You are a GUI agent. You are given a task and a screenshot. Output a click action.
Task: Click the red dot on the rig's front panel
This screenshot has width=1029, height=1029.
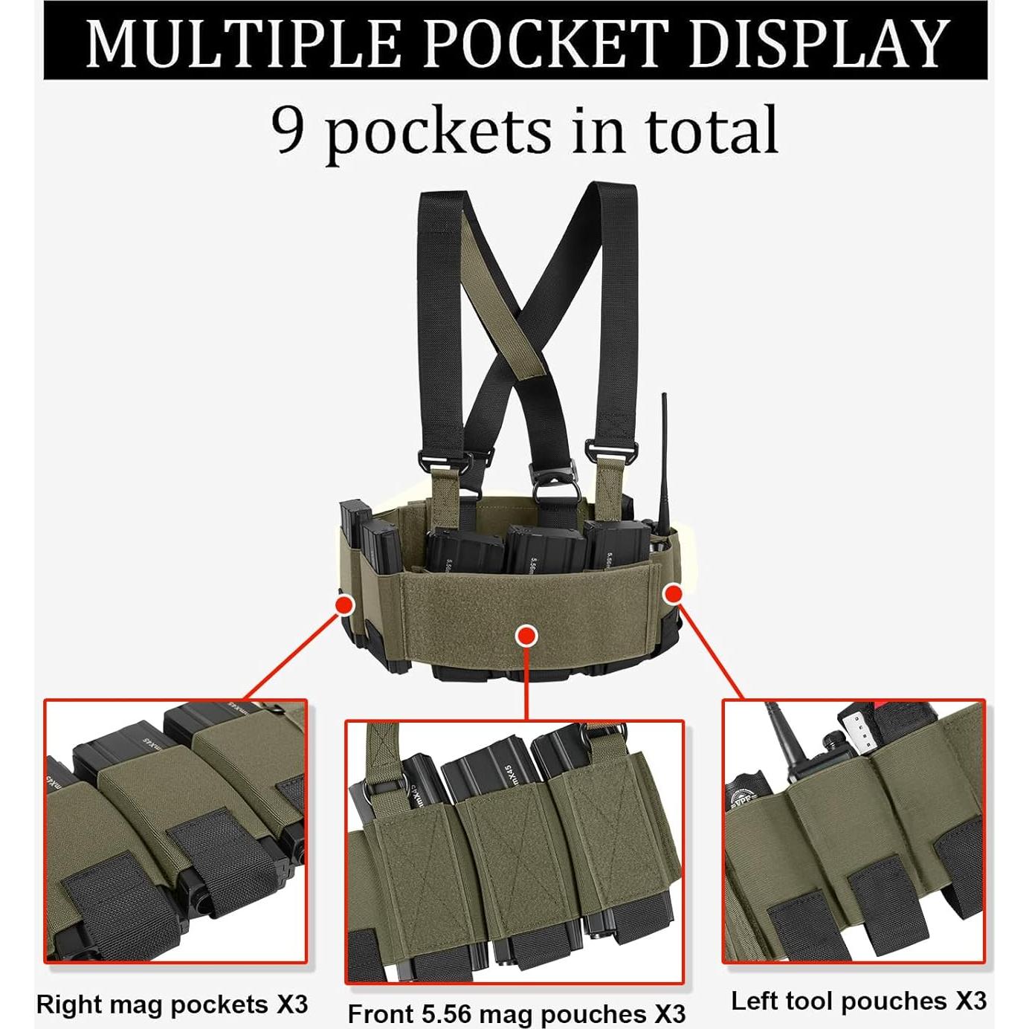(526, 636)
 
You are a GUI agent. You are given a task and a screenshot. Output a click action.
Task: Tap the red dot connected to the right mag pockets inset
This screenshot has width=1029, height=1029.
(344, 605)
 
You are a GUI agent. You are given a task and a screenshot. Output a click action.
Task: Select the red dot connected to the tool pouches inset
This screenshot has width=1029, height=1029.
(674, 593)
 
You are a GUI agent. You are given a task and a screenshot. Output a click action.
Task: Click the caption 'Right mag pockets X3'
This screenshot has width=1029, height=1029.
(172, 1004)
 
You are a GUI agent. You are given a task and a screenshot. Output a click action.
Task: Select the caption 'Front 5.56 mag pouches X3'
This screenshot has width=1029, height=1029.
(516, 1014)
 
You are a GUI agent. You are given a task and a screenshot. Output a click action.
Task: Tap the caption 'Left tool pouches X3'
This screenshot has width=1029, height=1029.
(858, 1001)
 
